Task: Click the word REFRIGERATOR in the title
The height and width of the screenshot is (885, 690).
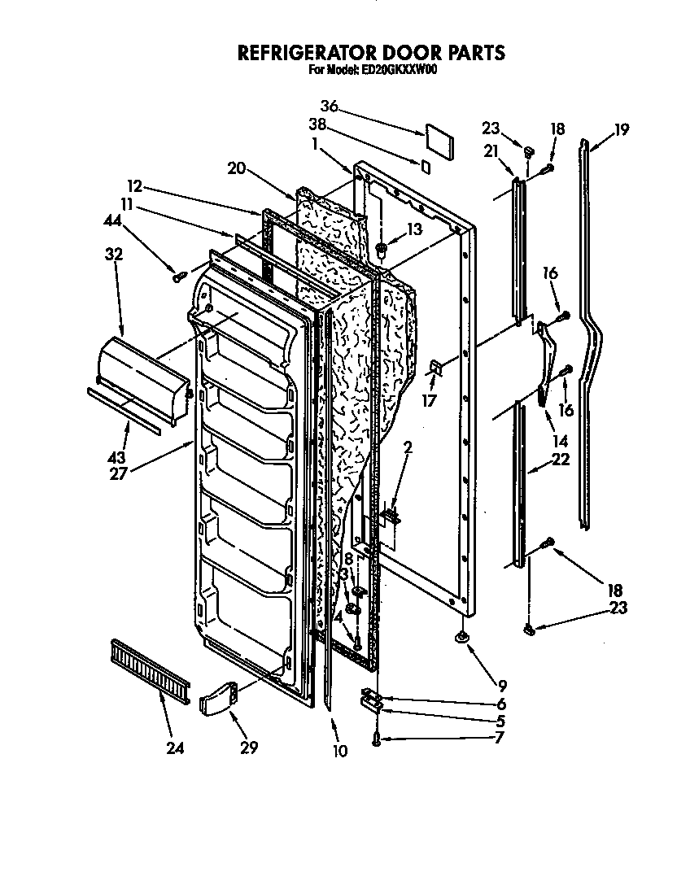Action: pyautogui.click(x=307, y=53)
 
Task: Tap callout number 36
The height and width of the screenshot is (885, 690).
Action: pyautogui.click(x=329, y=106)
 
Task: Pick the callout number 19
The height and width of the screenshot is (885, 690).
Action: pyautogui.click(x=622, y=129)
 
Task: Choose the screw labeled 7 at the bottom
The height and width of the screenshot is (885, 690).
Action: pyautogui.click(x=377, y=739)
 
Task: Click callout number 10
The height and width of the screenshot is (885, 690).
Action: pyautogui.click(x=340, y=751)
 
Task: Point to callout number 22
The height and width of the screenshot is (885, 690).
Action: pyautogui.click(x=559, y=460)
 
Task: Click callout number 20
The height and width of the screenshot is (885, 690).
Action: pyautogui.click(x=237, y=169)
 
